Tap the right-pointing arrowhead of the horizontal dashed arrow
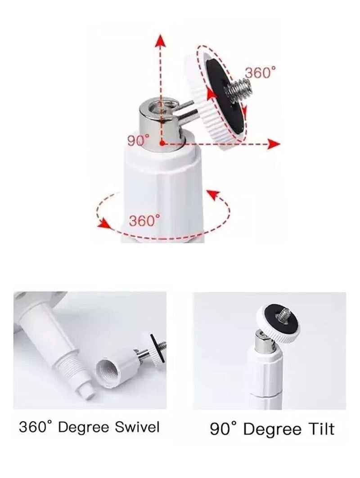point(274,144)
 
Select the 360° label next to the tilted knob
point(260,72)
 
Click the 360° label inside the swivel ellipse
point(144,221)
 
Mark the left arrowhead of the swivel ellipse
point(104,223)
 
